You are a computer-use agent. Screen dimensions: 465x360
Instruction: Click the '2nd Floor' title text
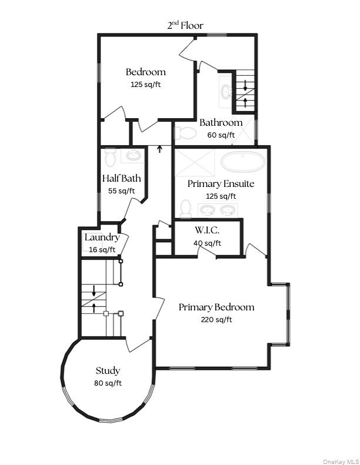tap(185, 25)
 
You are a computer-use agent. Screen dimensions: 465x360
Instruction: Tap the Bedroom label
tap(145, 72)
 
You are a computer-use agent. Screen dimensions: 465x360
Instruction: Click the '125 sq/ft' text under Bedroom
tap(145, 85)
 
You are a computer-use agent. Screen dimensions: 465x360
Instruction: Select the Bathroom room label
tap(221, 123)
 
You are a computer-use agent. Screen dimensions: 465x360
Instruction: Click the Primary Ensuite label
tap(221, 184)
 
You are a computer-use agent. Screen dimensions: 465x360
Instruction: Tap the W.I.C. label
tap(207, 230)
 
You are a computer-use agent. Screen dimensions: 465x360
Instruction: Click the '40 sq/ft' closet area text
tap(207, 243)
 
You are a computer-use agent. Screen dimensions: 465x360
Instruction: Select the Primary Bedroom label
tap(216, 307)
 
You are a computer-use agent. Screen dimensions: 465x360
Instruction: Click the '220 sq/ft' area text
tap(216, 320)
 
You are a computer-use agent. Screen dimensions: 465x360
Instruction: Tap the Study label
tap(108, 371)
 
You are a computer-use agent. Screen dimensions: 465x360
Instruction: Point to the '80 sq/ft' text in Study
tap(108, 383)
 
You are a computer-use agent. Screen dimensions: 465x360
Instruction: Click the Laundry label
tap(102, 238)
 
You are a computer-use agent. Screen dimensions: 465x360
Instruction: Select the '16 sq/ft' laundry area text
tap(102, 250)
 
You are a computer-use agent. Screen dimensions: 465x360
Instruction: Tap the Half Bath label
tap(121, 179)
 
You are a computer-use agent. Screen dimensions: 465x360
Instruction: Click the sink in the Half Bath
tap(133, 156)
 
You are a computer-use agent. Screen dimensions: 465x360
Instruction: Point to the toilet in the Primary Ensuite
tap(186, 209)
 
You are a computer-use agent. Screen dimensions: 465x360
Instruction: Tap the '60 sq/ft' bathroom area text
tap(221, 135)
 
